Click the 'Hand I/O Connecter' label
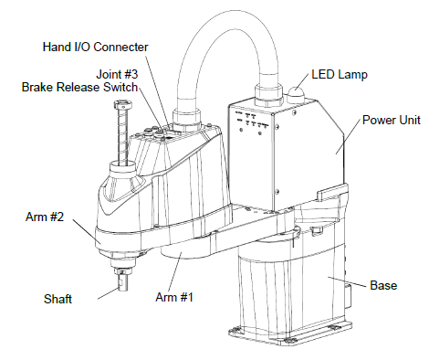95,47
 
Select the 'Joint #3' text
117,74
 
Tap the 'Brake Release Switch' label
79,87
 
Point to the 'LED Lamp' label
340,75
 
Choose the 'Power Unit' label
392,120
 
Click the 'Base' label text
383,285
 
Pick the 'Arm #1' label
174,297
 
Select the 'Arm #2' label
45,217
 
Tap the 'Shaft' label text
58,299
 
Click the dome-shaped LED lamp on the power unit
296,93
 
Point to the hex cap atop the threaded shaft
123,105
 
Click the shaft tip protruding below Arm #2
122,281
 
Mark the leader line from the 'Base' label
347,281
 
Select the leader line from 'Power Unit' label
348,136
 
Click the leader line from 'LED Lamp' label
301,82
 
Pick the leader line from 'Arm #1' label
174,271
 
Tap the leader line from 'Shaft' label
108,293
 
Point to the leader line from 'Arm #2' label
87,231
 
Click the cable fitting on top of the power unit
269,96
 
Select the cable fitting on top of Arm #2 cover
187,119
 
